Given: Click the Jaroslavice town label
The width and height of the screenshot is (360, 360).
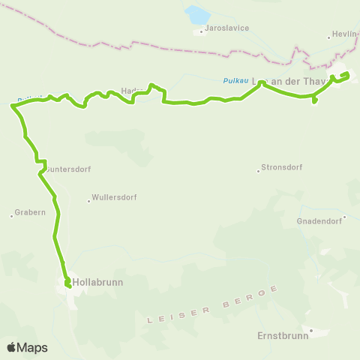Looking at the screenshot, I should (x=228, y=28).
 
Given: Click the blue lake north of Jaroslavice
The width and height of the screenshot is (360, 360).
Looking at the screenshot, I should (x=198, y=15).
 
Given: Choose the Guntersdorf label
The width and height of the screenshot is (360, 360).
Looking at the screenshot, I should (x=69, y=169).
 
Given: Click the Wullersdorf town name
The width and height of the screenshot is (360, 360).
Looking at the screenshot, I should (x=114, y=198).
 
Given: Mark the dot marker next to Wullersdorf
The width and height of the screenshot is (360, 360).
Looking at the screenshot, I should (x=88, y=200).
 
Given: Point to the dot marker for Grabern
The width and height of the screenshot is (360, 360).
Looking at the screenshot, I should (x=12, y=216).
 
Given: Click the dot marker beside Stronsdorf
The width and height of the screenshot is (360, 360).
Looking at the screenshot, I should (x=258, y=170).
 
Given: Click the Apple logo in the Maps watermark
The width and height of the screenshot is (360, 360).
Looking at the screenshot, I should (x=11, y=347).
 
